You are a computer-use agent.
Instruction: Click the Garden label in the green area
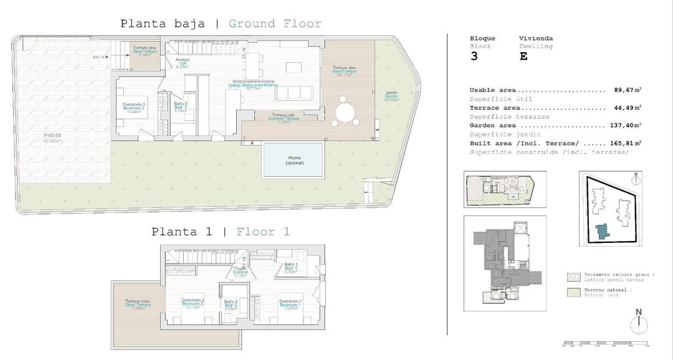[x=391, y=96]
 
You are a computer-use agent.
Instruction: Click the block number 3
[x=474, y=56]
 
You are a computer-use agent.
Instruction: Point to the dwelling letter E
[x=523, y=56]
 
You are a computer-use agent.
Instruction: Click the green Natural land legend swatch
[x=573, y=292]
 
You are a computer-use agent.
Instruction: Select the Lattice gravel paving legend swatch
[x=573, y=277]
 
